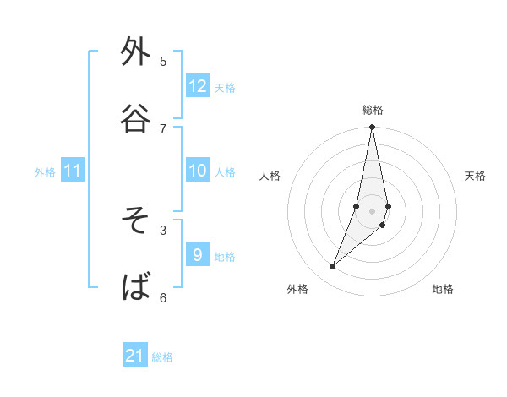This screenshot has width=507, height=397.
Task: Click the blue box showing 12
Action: click(198, 86)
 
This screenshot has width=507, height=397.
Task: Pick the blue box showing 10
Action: click(198, 171)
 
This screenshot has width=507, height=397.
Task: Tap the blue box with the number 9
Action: click(198, 255)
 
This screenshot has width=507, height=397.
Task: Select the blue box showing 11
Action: click(73, 171)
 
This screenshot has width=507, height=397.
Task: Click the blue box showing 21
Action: click(135, 356)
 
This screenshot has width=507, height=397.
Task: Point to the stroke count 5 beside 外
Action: click(163, 61)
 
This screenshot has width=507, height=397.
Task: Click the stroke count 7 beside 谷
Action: click(163, 128)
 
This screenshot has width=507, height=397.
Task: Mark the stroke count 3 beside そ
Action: click(163, 229)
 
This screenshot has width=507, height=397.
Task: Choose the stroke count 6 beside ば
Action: click(163, 296)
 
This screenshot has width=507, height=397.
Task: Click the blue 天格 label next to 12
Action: click(225, 87)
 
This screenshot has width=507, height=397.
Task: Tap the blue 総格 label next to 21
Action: click(162, 356)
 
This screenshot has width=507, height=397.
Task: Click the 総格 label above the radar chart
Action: click(373, 110)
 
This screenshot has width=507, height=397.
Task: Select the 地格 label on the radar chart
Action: click(443, 289)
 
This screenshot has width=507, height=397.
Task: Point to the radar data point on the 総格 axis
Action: click(372, 128)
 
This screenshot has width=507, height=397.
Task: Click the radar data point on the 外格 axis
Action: click(332, 267)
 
